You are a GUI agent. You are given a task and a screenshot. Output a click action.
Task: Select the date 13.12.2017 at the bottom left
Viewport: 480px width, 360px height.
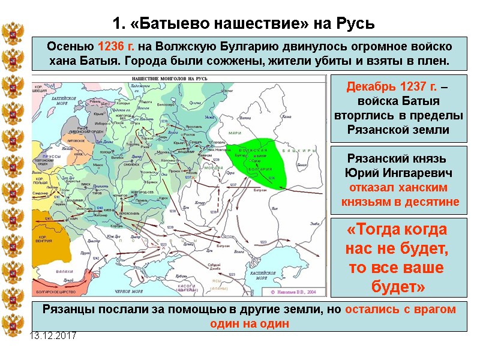[x=53, y=335]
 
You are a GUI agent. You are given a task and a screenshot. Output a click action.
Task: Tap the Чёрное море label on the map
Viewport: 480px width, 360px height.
[x=129, y=291]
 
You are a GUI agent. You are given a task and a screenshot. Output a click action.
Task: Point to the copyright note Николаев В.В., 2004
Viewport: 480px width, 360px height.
[x=296, y=292]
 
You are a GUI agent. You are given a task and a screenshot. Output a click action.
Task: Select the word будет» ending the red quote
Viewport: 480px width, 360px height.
[x=398, y=287]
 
